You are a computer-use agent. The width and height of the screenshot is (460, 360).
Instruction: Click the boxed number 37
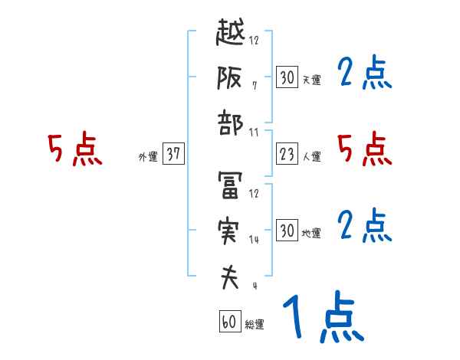[173, 154]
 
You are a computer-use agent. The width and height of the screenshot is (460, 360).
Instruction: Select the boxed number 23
[287, 154]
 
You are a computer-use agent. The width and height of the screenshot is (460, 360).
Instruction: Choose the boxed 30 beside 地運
[287, 230]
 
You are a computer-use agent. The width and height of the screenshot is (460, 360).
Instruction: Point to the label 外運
[147, 156]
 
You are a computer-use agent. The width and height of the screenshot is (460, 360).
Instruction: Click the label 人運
[311, 156]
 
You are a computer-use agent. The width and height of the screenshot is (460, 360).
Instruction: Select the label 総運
[254, 325]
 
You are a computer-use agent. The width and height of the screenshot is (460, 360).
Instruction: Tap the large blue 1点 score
[321, 318]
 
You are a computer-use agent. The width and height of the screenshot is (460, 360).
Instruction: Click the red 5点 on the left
[74, 149]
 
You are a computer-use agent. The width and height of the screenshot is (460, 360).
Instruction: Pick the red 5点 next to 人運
[365, 149]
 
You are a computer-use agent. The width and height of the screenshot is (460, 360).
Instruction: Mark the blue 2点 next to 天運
[365, 74]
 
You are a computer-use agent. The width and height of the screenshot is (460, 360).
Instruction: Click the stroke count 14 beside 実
[254, 240]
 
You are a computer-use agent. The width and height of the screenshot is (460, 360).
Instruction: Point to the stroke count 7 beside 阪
[254, 85]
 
